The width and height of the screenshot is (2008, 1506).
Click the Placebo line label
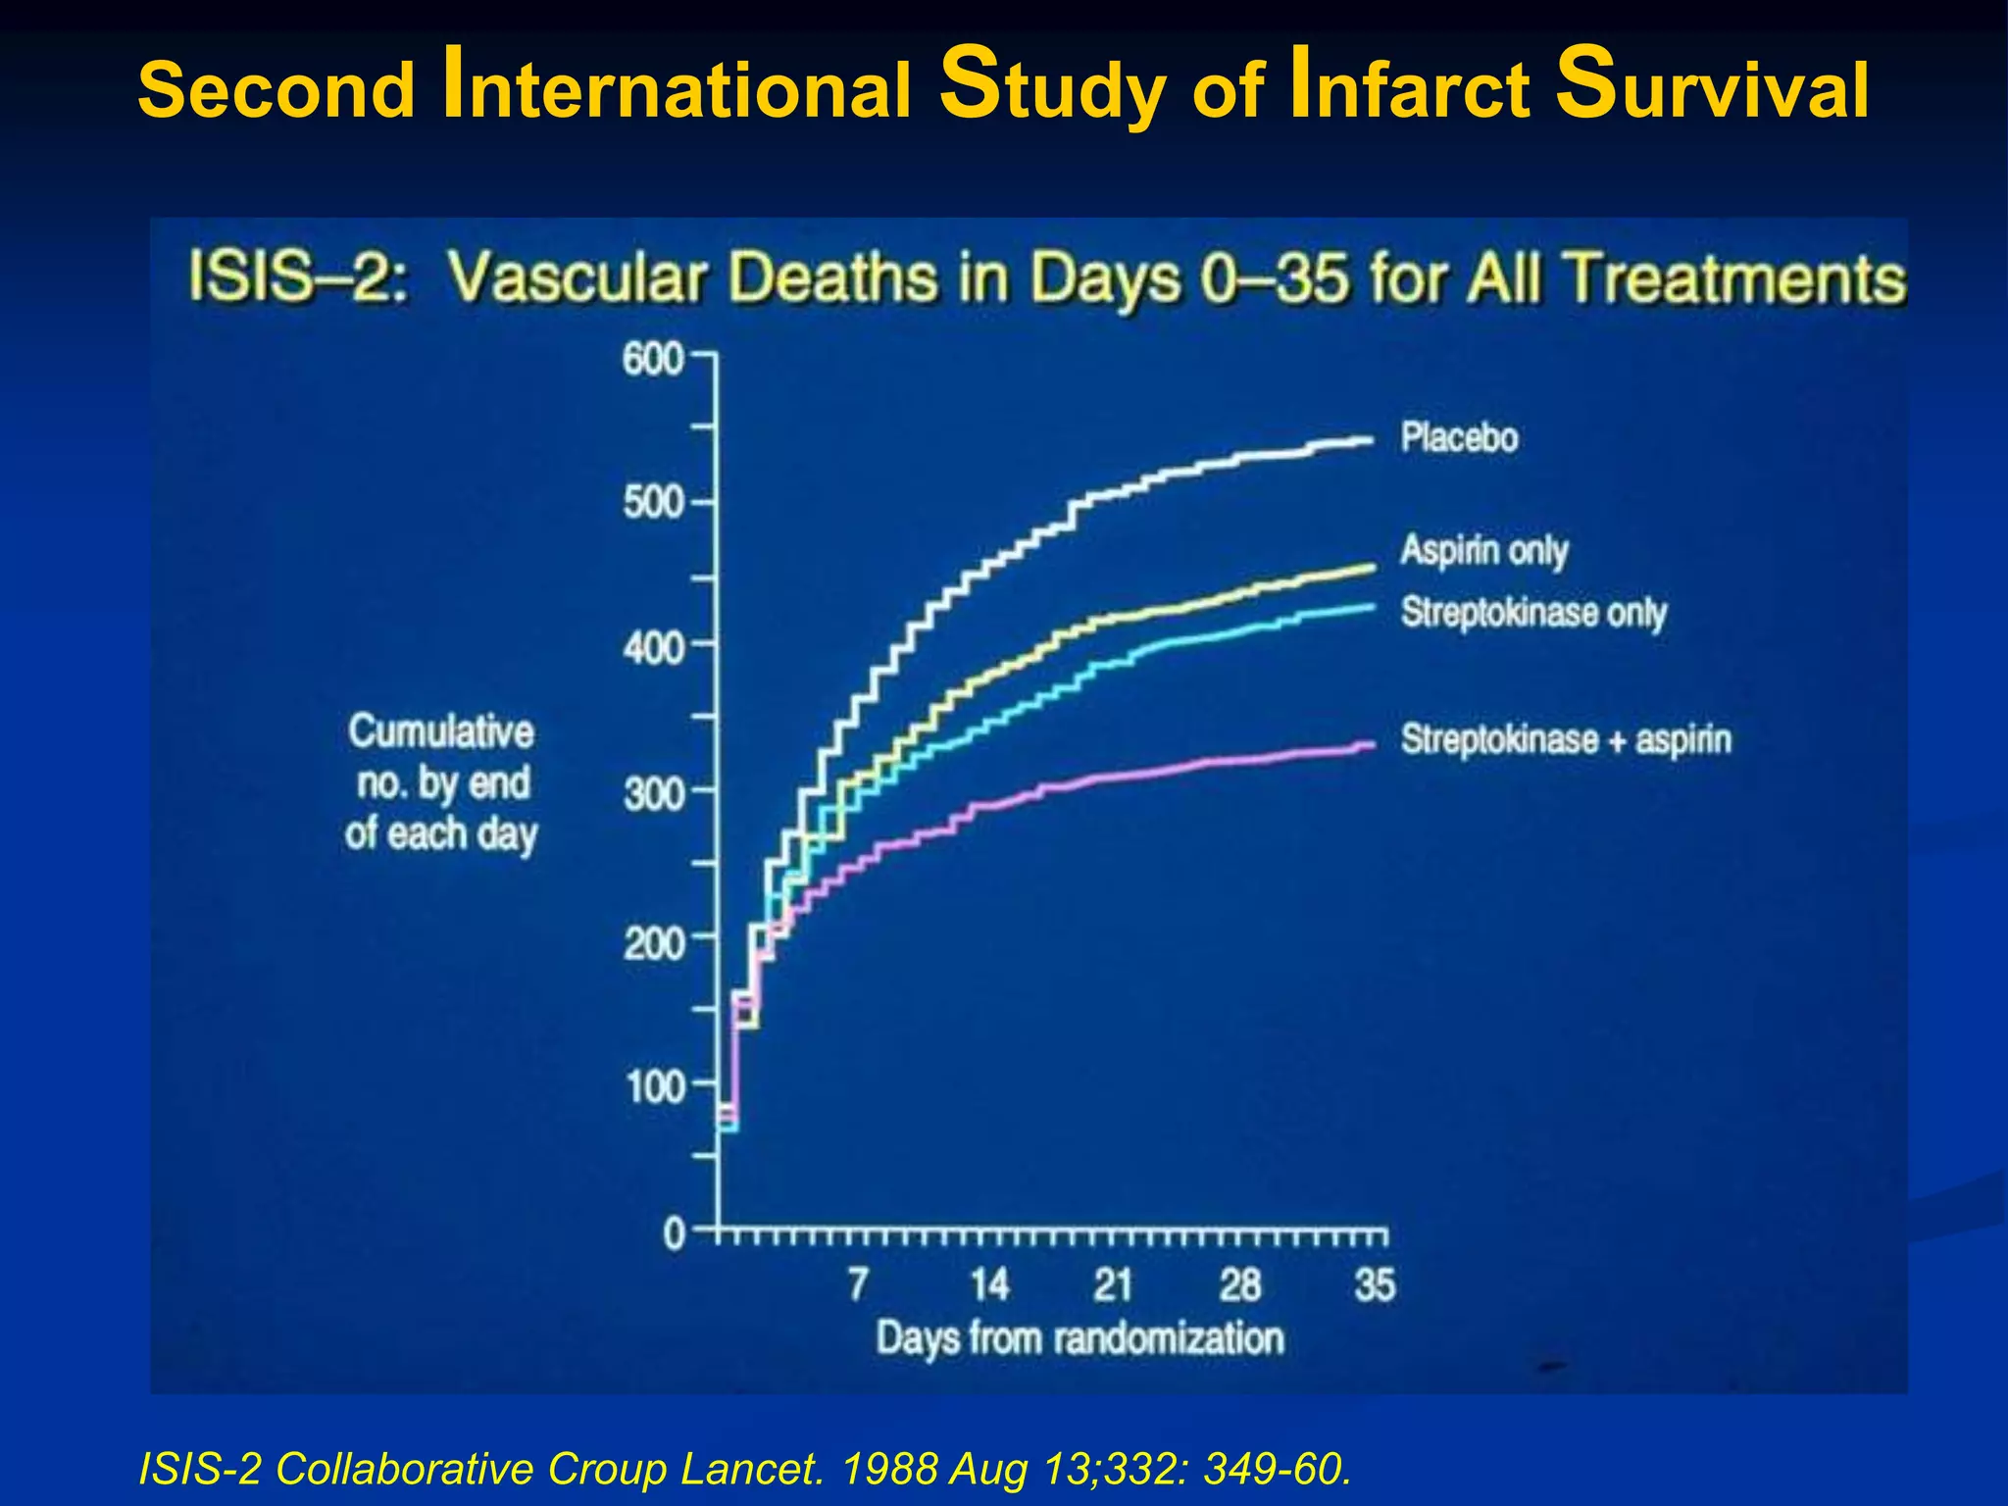(1458, 437)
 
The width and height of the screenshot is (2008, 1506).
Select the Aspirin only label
(1483, 550)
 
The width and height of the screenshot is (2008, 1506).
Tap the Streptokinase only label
(1532, 613)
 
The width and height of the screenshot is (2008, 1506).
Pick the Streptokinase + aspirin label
(1565, 739)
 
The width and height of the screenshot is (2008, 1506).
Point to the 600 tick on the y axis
(653, 360)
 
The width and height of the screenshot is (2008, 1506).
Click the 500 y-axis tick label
(653, 503)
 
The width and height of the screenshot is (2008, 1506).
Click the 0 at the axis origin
(675, 1233)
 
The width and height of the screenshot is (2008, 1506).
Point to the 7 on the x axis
(858, 1284)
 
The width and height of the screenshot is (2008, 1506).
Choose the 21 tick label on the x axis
(1113, 1284)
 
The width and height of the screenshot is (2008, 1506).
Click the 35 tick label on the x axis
(1374, 1284)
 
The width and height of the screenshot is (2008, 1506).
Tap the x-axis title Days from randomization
(1079, 1338)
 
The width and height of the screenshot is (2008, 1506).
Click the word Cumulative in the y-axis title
(440, 732)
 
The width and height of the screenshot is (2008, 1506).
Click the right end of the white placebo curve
(1371, 439)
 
